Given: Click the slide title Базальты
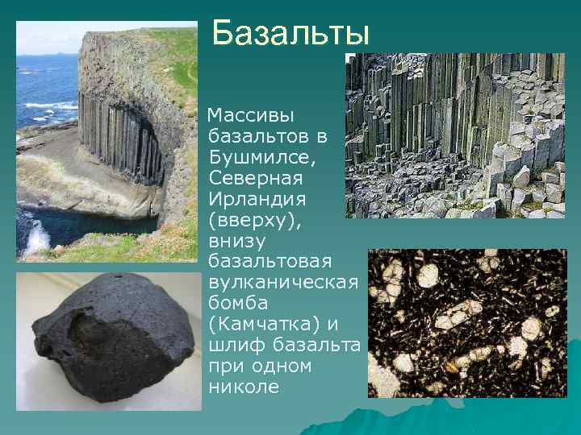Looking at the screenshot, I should (290, 35).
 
